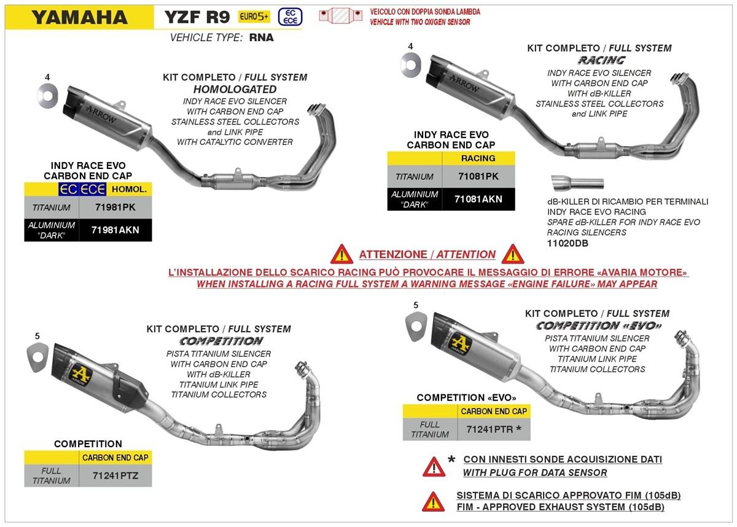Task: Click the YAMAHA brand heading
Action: click(x=79, y=17)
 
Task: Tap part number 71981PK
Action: click(x=115, y=208)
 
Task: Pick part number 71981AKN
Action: click(x=115, y=230)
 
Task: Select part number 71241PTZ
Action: click(x=114, y=475)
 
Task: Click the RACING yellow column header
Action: click(x=478, y=158)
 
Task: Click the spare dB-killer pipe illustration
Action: click(x=577, y=182)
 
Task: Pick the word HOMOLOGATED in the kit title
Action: click(x=235, y=89)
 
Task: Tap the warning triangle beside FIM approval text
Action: click(x=434, y=501)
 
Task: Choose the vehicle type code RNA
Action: click(x=262, y=37)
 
